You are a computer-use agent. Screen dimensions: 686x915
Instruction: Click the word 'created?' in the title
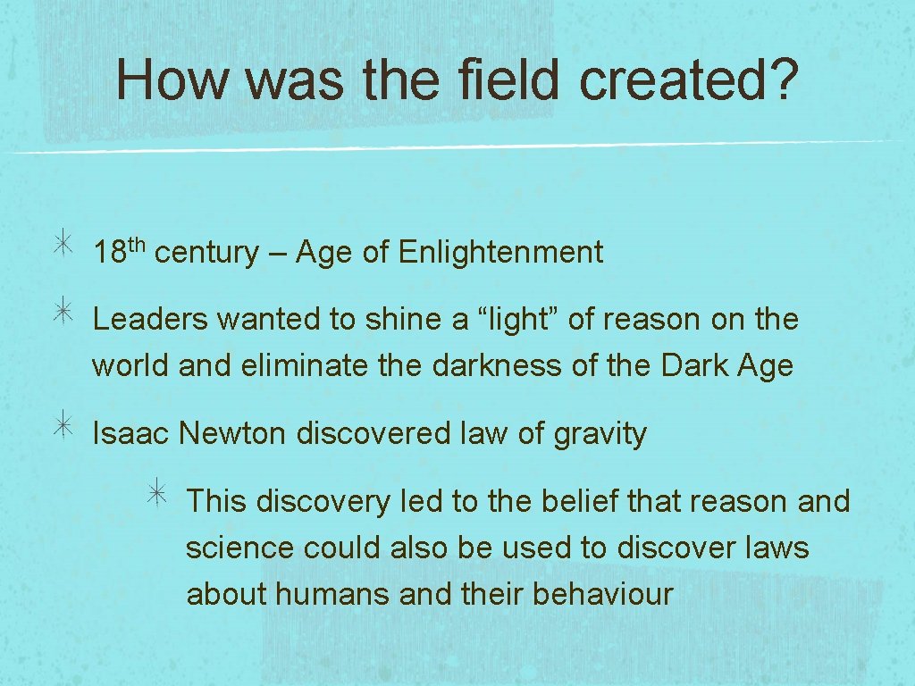click(686, 80)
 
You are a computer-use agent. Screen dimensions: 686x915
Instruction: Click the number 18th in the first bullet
click(119, 251)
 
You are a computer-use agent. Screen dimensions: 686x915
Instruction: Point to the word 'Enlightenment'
click(501, 253)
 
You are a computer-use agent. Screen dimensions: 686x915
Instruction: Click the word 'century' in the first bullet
click(206, 254)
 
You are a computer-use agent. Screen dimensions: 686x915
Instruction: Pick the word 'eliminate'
click(321, 365)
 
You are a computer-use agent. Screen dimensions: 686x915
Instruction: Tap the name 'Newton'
click(233, 433)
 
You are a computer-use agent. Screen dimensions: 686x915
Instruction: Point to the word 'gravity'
click(600, 435)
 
